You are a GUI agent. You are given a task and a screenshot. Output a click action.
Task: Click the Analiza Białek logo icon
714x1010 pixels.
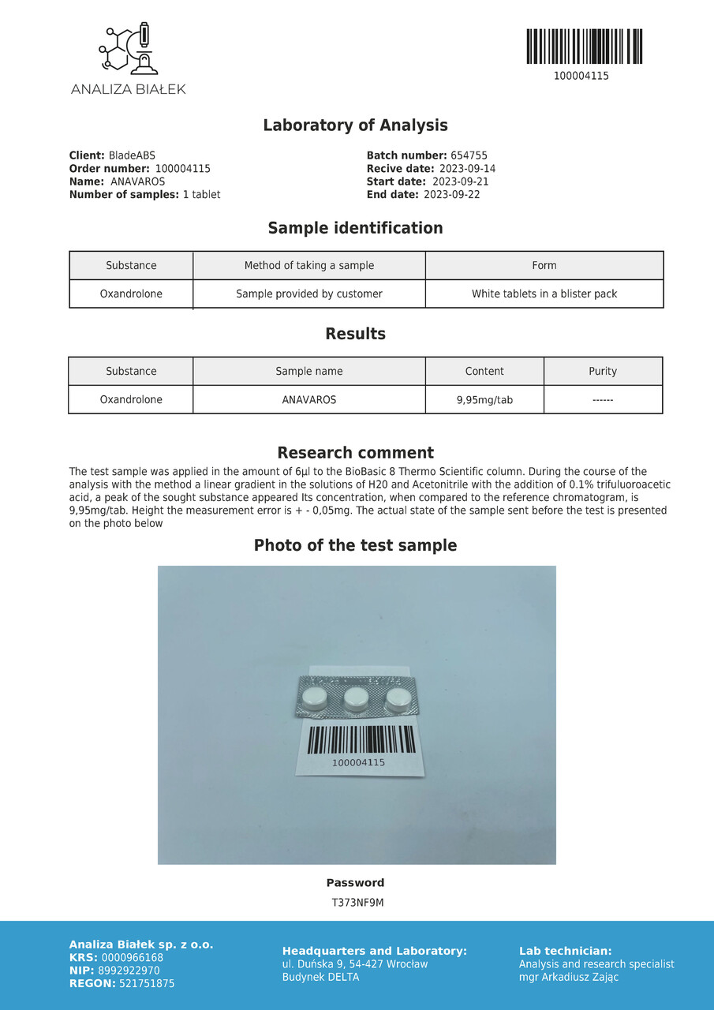[x=128, y=50]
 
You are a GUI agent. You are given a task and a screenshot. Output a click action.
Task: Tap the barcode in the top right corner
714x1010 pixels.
[x=584, y=47]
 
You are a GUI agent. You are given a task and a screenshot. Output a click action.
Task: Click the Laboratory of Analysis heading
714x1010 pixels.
[x=355, y=125]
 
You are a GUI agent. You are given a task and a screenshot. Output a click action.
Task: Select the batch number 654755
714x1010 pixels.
[x=469, y=156]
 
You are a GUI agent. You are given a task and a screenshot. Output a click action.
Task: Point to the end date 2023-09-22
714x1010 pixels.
[x=451, y=194]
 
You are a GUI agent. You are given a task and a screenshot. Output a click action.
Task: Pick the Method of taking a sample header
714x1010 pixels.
[x=309, y=265]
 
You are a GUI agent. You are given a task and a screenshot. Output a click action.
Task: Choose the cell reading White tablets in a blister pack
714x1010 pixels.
[x=544, y=294]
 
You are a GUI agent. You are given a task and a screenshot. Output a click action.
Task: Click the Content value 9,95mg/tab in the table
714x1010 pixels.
[x=484, y=400]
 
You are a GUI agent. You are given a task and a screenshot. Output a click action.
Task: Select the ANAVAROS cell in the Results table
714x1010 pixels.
[x=309, y=400]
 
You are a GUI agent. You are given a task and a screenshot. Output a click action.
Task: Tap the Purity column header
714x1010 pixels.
[x=603, y=372]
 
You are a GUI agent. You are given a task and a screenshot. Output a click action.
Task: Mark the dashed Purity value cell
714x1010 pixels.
[x=603, y=400]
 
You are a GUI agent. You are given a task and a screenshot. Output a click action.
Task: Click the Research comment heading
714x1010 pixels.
[x=355, y=453]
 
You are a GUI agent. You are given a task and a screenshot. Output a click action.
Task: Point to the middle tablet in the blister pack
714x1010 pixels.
[x=356, y=696]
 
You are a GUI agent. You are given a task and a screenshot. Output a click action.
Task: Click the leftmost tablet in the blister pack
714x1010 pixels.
[x=314, y=696]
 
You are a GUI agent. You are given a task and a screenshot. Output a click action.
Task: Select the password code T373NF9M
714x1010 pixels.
[x=357, y=903]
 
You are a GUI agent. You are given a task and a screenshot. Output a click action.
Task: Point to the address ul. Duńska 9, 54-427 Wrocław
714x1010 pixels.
[x=355, y=964]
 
